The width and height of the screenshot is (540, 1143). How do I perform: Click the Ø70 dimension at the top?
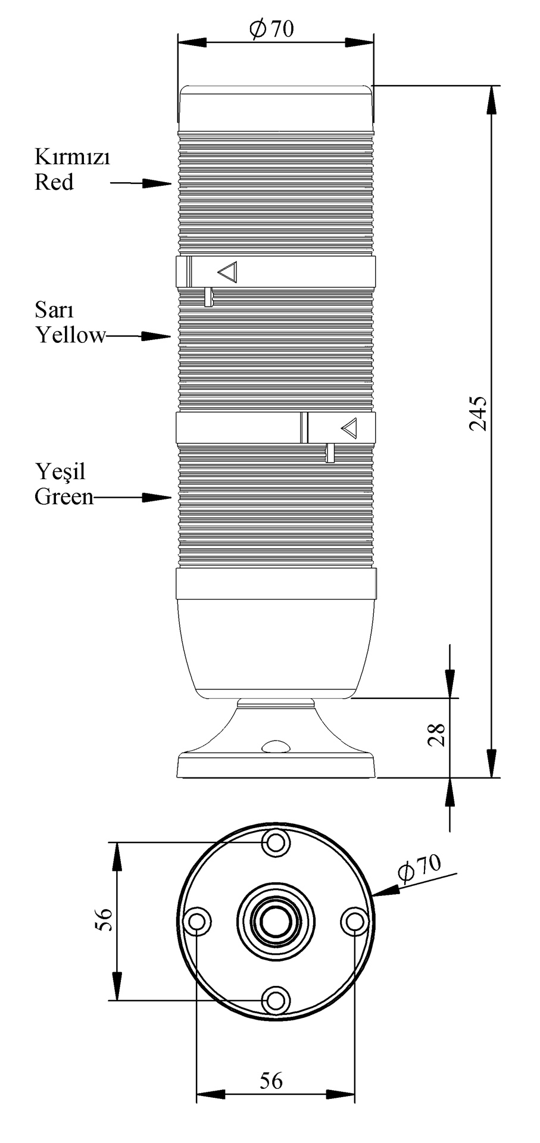(x=271, y=29)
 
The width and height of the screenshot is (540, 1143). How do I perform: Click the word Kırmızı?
(x=72, y=158)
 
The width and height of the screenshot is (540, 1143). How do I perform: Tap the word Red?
(x=54, y=182)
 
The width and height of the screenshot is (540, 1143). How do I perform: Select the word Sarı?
(x=54, y=310)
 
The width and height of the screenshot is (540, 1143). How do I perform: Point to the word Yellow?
(x=70, y=335)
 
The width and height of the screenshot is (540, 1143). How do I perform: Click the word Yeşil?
(x=60, y=472)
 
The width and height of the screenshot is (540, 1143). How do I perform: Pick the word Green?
(x=64, y=496)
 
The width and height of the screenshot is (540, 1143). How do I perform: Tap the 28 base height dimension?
(x=437, y=735)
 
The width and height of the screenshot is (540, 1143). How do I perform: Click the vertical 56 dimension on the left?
(x=103, y=920)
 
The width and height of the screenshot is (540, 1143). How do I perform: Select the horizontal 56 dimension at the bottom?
(x=271, y=1080)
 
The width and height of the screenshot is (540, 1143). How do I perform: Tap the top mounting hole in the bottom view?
(x=276, y=842)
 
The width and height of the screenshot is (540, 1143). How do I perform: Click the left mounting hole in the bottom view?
(x=197, y=922)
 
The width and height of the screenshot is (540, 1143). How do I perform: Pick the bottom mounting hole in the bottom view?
(x=276, y=1000)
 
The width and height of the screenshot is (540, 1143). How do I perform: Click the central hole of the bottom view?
(x=276, y=921)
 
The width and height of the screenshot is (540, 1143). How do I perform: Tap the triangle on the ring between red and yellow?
(x=228, y=273)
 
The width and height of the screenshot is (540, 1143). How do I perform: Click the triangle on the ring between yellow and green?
(x=349, y=427)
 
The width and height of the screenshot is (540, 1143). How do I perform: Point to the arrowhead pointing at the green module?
(x=158, y=497)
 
